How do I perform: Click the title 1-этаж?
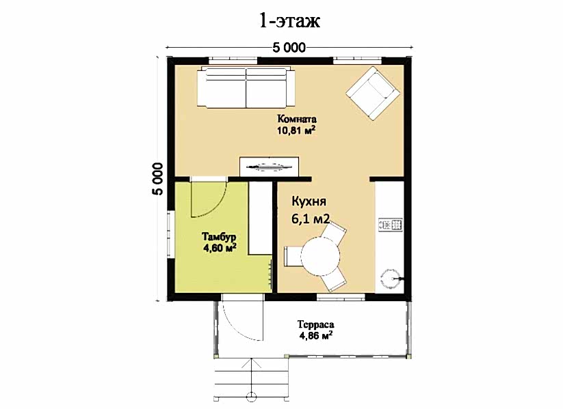289,20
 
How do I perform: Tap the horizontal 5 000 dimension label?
289,48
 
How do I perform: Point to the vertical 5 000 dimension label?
157,179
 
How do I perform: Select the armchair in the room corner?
373,93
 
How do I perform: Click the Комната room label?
297,119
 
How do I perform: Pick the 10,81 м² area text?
296,130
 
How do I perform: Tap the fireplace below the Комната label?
270,167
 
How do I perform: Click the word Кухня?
309,201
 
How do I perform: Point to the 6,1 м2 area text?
310,218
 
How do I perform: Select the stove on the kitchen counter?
391,225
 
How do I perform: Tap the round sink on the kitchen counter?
391,278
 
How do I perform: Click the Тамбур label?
219,237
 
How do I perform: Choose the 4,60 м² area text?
220,248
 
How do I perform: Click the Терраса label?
315,325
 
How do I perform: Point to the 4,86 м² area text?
315,336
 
